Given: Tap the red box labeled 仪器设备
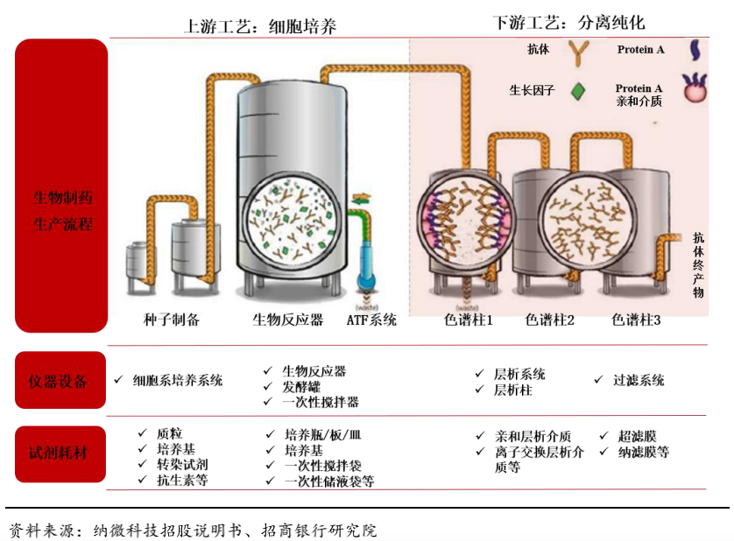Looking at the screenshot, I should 60,381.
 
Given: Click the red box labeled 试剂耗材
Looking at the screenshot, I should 60,453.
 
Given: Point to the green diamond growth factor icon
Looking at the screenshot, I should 578,90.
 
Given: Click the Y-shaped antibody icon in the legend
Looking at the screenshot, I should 580,52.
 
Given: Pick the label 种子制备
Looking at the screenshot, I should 172,320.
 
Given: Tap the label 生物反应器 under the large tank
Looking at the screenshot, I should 287,320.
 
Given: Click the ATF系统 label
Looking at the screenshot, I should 371,320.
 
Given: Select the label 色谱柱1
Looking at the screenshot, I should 469,320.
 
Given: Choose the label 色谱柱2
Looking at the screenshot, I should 550,320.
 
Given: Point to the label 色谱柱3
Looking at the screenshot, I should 636,320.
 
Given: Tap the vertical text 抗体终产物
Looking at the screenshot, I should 698,264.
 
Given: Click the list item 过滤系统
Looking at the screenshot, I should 639,381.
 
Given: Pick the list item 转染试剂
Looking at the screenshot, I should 182,464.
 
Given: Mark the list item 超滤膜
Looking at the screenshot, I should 637,436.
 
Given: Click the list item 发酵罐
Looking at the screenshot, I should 301,386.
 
